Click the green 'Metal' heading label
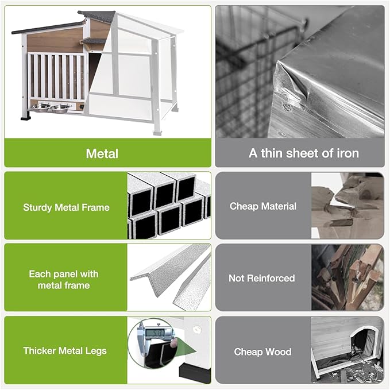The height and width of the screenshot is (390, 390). pyautogui.click(x=102, y=153)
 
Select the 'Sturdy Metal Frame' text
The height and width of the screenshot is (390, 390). pyautogui.click(x=65, y=207)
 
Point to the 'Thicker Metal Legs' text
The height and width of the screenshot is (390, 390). pyautogui.click(x=65, y=350)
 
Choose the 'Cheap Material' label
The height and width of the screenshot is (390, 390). pyautogui.click(x=263, y=206)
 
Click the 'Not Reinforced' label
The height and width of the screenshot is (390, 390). pyautogui.click(x=261, y=278)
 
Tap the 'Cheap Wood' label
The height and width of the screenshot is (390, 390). pyautogui.click(x=262, y=352)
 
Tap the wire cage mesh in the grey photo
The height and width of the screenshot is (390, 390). pyautogui.click(x=244, y=69)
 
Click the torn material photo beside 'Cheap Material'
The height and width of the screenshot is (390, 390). pyautogui.click(x=347, y=206)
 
